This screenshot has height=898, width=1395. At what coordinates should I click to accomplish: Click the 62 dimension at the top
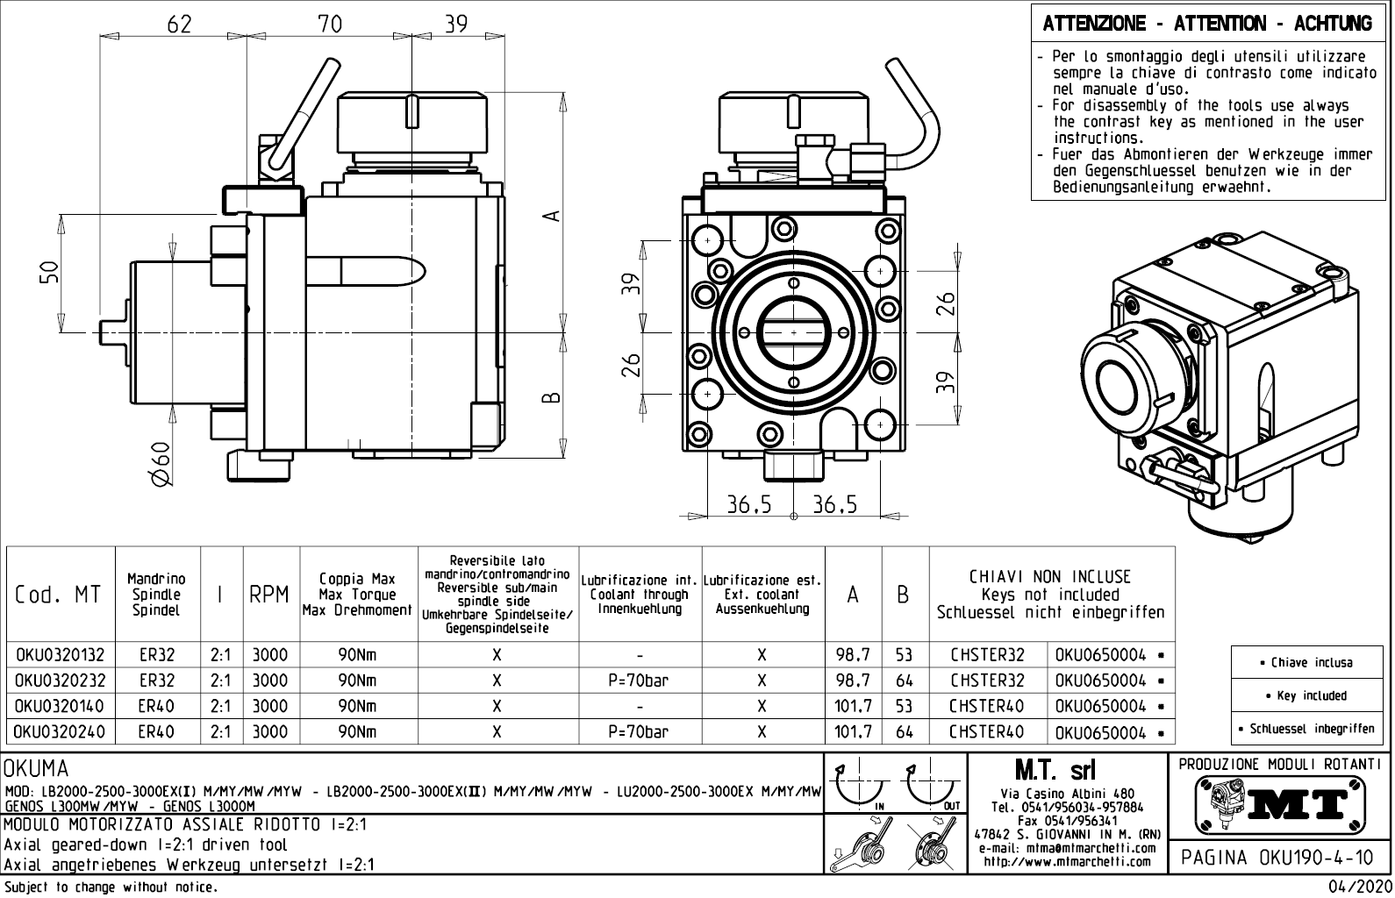click(178, 24)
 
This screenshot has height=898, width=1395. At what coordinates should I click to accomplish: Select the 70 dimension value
click(330, 24)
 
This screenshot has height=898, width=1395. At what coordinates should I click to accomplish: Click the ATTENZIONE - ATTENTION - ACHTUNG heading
click(1207, 24)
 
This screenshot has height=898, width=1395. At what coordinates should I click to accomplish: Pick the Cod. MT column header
click(59, 595)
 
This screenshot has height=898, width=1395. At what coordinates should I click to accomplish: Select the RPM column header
click(268, 595)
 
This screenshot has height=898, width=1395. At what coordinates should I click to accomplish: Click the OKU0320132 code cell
click(59, 655)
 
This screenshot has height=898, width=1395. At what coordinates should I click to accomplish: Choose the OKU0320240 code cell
click(59, 732)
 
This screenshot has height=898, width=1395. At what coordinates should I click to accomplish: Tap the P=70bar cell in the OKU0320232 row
click(638, 681)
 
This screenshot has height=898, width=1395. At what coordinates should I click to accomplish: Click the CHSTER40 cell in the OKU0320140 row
click(987, 706)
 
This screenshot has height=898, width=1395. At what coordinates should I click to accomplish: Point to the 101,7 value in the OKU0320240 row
click(853, 732)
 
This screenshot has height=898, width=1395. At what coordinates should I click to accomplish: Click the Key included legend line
click(1312, 695)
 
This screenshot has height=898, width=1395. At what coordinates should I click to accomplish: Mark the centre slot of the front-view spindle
click(794, 333)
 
